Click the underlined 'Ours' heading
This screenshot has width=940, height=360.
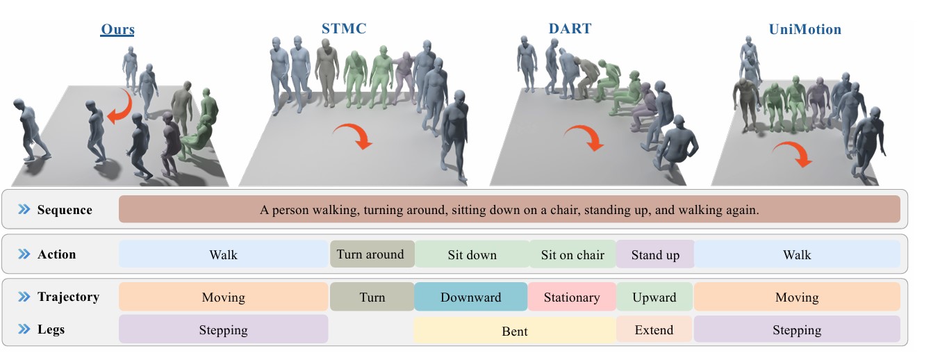point(117,30)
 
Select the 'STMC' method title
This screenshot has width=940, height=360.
point(344,28)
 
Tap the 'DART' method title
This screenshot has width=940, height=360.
point(570,28)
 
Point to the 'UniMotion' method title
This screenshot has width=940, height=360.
point(805,29)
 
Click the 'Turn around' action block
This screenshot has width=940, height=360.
point(372,254)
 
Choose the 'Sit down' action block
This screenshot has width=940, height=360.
point(472,254)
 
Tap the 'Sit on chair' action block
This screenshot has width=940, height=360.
point(572,254)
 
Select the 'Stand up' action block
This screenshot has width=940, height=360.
point(655,254)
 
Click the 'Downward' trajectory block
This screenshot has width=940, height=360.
point(471,297)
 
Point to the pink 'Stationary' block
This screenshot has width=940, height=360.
point(572,297)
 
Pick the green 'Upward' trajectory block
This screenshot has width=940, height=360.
point(654,297)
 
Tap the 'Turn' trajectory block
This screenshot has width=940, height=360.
point(372,297)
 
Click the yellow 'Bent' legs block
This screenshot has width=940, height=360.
point(515,331)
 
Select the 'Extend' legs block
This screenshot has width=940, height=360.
point(654,330)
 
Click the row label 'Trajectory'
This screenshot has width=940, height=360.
point(68,297)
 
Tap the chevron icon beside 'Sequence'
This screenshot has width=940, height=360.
point(24,209)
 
